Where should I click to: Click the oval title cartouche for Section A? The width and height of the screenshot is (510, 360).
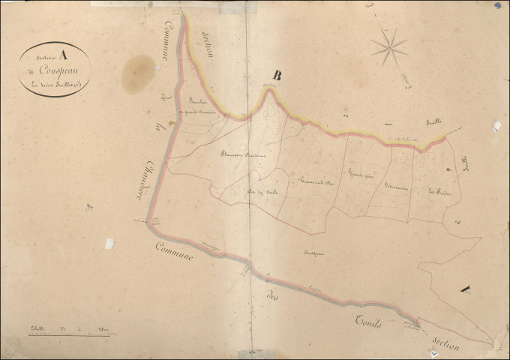57,67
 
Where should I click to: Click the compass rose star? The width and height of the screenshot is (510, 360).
389,46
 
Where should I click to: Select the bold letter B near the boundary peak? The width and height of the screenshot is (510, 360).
277,75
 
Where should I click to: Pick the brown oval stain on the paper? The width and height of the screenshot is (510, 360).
137,73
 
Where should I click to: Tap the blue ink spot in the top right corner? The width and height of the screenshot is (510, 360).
497,6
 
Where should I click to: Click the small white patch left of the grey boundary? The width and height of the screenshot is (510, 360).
109,244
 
